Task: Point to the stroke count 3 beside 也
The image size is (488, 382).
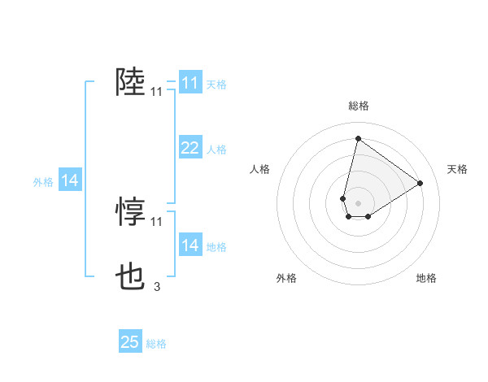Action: tap(157, 286)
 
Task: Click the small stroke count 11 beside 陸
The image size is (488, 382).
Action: tap(157, 93)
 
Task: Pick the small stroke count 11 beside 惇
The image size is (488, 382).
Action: tap(157, 221)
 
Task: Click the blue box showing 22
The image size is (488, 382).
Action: tap(190, 147)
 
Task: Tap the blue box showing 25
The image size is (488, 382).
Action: tap(130, 342)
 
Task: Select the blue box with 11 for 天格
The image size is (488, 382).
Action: tap(190, 83)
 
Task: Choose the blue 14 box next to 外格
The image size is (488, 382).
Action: tap(70, 180)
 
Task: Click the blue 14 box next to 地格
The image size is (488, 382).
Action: tap(190, 245)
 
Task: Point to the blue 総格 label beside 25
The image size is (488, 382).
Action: tap(156, 344)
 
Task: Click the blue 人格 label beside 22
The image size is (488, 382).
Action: tap(216, 150)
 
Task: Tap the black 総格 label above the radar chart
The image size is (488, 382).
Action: tap(358, 106)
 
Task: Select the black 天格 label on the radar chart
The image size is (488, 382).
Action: tap(457, 169)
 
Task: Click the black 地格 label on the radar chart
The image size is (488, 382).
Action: tap(426, 278)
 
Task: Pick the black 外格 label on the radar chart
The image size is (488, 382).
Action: tap(286, 278)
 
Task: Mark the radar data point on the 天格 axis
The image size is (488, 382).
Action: tap(420, 183)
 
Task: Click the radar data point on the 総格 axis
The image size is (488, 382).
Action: tap(358, 138)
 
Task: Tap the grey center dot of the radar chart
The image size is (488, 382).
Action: tap(358, 202)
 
